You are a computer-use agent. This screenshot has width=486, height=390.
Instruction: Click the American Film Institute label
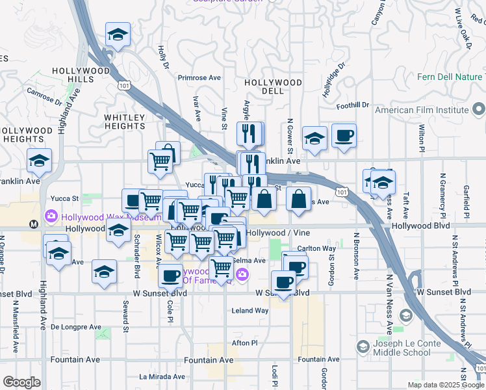coord(422,110)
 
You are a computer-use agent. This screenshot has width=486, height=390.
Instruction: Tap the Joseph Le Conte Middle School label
coord(402,348)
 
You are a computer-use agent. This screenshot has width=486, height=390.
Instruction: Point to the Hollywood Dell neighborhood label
coord(273,86)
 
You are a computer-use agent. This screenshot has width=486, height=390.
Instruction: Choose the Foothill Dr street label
coord(353,105)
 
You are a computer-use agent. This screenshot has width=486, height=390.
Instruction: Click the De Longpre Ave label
coord(76,327)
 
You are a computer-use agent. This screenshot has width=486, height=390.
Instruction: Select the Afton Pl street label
coord(245,343)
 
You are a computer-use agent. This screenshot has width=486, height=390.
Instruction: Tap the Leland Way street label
coord(250,311)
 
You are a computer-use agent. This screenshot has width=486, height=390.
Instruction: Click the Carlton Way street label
coord(316,248)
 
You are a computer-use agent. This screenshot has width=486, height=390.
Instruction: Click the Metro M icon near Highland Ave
coord(33,224)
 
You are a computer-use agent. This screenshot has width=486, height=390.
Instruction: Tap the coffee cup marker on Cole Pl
coord(171,274)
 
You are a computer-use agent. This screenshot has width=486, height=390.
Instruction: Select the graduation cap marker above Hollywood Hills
coord(118,34)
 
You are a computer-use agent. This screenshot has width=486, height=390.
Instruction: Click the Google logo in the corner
coord(22,382)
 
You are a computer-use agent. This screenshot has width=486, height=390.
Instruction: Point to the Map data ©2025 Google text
coord(445,385)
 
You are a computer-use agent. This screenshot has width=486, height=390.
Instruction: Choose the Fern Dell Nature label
coord(450,77)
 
